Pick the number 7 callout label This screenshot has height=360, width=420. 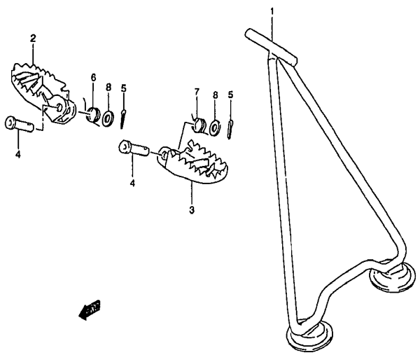[x=197, y=92]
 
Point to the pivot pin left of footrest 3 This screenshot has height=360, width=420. [x=134, y=148]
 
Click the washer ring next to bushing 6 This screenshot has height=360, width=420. [x=108, y=117]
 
